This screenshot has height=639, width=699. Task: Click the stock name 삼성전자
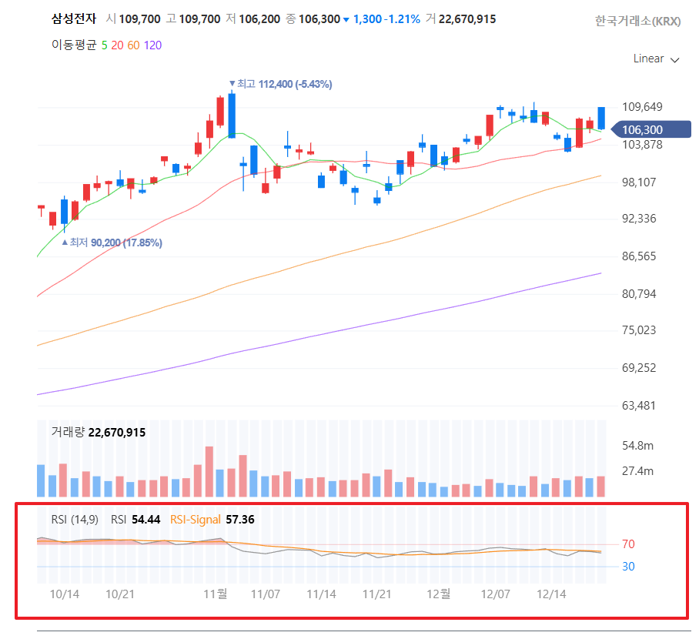[x=73, y=18]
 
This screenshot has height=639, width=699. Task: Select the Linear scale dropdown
[x=656, y=59]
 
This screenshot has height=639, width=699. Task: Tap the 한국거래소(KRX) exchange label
[x=637, y=22]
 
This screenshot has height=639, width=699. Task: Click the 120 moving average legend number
[x=152, y=45]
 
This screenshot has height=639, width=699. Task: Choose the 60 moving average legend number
[x=133, y=45]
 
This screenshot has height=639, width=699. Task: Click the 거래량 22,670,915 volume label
[x=99, y=433]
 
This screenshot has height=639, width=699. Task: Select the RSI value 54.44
[x=145, y=520]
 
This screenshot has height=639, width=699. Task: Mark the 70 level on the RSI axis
[x=628, y=544]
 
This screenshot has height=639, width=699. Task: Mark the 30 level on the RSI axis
[x=628, y=567]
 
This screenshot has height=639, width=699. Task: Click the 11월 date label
[x=215, y=594]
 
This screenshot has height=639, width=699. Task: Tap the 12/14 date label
[x=551, y=594]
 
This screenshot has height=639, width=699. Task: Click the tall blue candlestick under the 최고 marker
[x=231, y=115]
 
